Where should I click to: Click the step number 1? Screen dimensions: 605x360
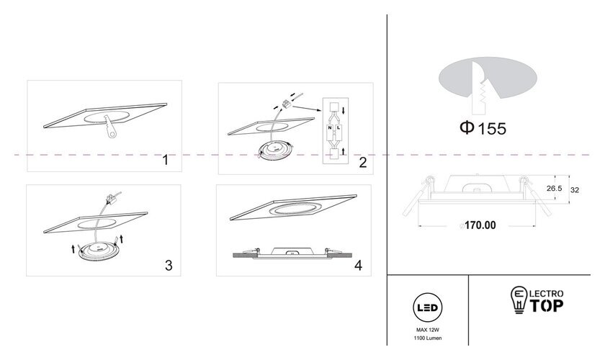click(166, 160)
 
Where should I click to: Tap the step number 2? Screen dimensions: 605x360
click(363, 163)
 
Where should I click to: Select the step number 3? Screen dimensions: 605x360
click(169, 266)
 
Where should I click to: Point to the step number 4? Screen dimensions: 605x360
click(359, 266)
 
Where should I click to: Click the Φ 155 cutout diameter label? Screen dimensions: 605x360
click(483, 128)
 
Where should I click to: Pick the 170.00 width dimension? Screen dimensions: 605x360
click(480, 225)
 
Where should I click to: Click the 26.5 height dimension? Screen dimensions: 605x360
click(554, 189)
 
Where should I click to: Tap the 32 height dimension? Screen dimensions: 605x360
click(575, 190)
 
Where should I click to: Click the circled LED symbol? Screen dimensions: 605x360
click(428, 307)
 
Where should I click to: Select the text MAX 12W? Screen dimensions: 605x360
click(428, 330)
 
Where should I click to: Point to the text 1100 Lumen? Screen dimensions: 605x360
click(428, 338)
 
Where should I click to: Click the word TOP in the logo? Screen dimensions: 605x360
click(546, 305)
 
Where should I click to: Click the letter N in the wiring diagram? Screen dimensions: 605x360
click(330, 127)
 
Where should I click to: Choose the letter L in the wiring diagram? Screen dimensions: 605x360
click(339, 127)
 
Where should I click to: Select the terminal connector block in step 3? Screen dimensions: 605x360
click(111, 199)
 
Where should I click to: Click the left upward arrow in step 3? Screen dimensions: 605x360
click(73, 249)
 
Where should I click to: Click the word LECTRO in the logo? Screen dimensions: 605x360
click(547, 294)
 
